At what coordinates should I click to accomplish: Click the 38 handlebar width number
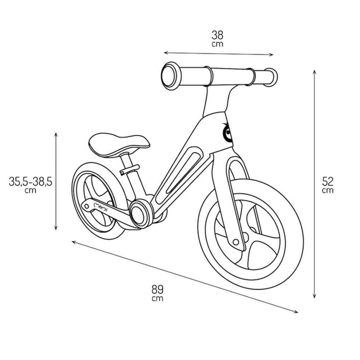click(217, 35)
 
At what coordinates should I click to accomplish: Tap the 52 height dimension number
click(327, 181)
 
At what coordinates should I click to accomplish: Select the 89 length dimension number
click(157, 289)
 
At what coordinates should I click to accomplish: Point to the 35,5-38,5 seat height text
click(30, 181)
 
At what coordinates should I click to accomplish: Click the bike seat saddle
click(119, 145)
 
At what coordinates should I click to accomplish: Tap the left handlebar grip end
click(170, 75)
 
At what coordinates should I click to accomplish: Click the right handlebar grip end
click(271, 77)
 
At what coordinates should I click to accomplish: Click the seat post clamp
click(130, 170)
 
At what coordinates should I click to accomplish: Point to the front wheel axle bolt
click(236, 242)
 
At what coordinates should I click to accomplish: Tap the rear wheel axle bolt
click(86, 206)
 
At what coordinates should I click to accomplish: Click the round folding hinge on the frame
click(139, 214)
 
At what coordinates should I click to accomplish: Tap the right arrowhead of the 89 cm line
click(297, 312)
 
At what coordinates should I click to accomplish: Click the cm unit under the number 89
click(157, 298)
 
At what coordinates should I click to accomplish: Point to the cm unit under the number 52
click(327, 190)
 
